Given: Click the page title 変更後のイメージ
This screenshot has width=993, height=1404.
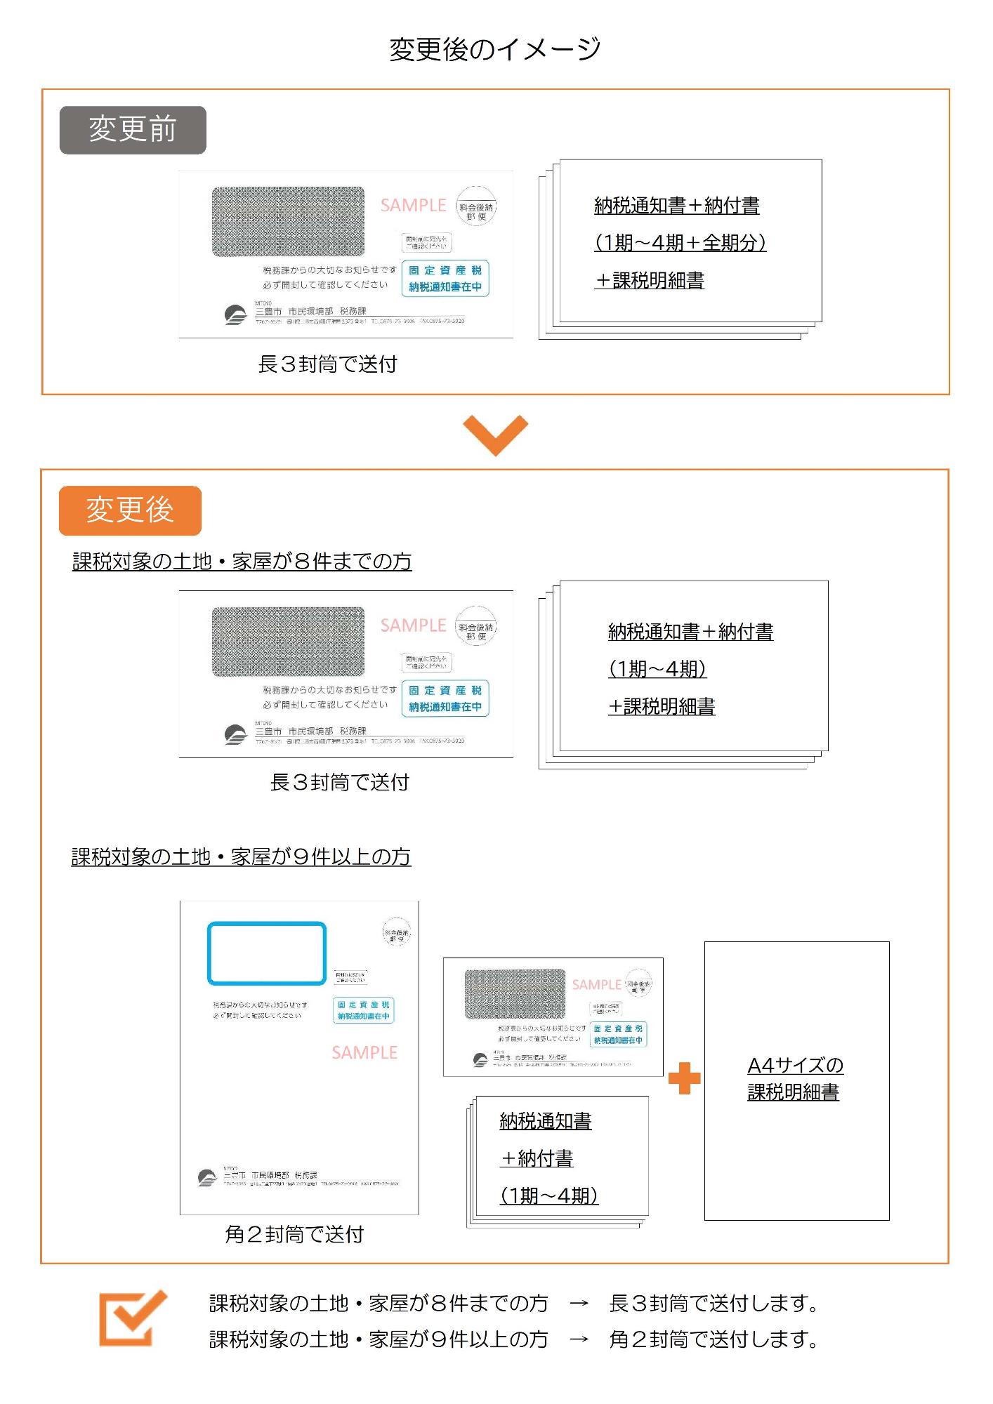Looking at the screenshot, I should (x=494, y=49).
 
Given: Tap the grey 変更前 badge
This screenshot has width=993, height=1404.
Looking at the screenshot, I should (x=133, y=130).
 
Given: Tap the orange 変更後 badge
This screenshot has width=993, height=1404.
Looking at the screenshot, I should (x=130, y=510).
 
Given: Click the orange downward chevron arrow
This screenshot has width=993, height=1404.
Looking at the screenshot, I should (x=495, y=435).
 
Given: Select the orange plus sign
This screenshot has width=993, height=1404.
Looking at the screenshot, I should (x=684, y=1078).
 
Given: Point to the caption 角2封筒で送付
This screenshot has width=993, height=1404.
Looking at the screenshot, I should (x=294, y=1234).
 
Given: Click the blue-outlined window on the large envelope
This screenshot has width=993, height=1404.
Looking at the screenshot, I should (x=267, y=953).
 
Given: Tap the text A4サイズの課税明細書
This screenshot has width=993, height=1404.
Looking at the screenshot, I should (x=795, y=1078).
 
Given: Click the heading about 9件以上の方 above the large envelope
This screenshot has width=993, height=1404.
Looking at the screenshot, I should (x=241, y=857).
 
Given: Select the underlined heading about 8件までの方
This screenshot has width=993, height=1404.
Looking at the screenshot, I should (x=242, y=562).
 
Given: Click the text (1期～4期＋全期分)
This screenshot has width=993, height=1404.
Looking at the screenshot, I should (x=680, y=243).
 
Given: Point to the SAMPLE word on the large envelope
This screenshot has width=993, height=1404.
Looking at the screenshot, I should (x=364, y=1053).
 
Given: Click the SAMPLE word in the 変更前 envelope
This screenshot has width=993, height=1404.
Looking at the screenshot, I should (x=413, y=206).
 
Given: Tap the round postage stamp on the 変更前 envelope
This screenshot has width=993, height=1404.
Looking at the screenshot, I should (x=476, y=207).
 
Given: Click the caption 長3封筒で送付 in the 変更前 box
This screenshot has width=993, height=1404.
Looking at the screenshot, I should (x=327, y=364).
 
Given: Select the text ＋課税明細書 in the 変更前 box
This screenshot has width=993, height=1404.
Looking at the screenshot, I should (x=649, y=281).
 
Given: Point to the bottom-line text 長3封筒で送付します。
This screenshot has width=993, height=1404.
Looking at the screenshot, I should (x=713, y=1304).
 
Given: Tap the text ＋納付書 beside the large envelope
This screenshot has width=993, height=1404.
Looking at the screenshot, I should (x=537, y=1159).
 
